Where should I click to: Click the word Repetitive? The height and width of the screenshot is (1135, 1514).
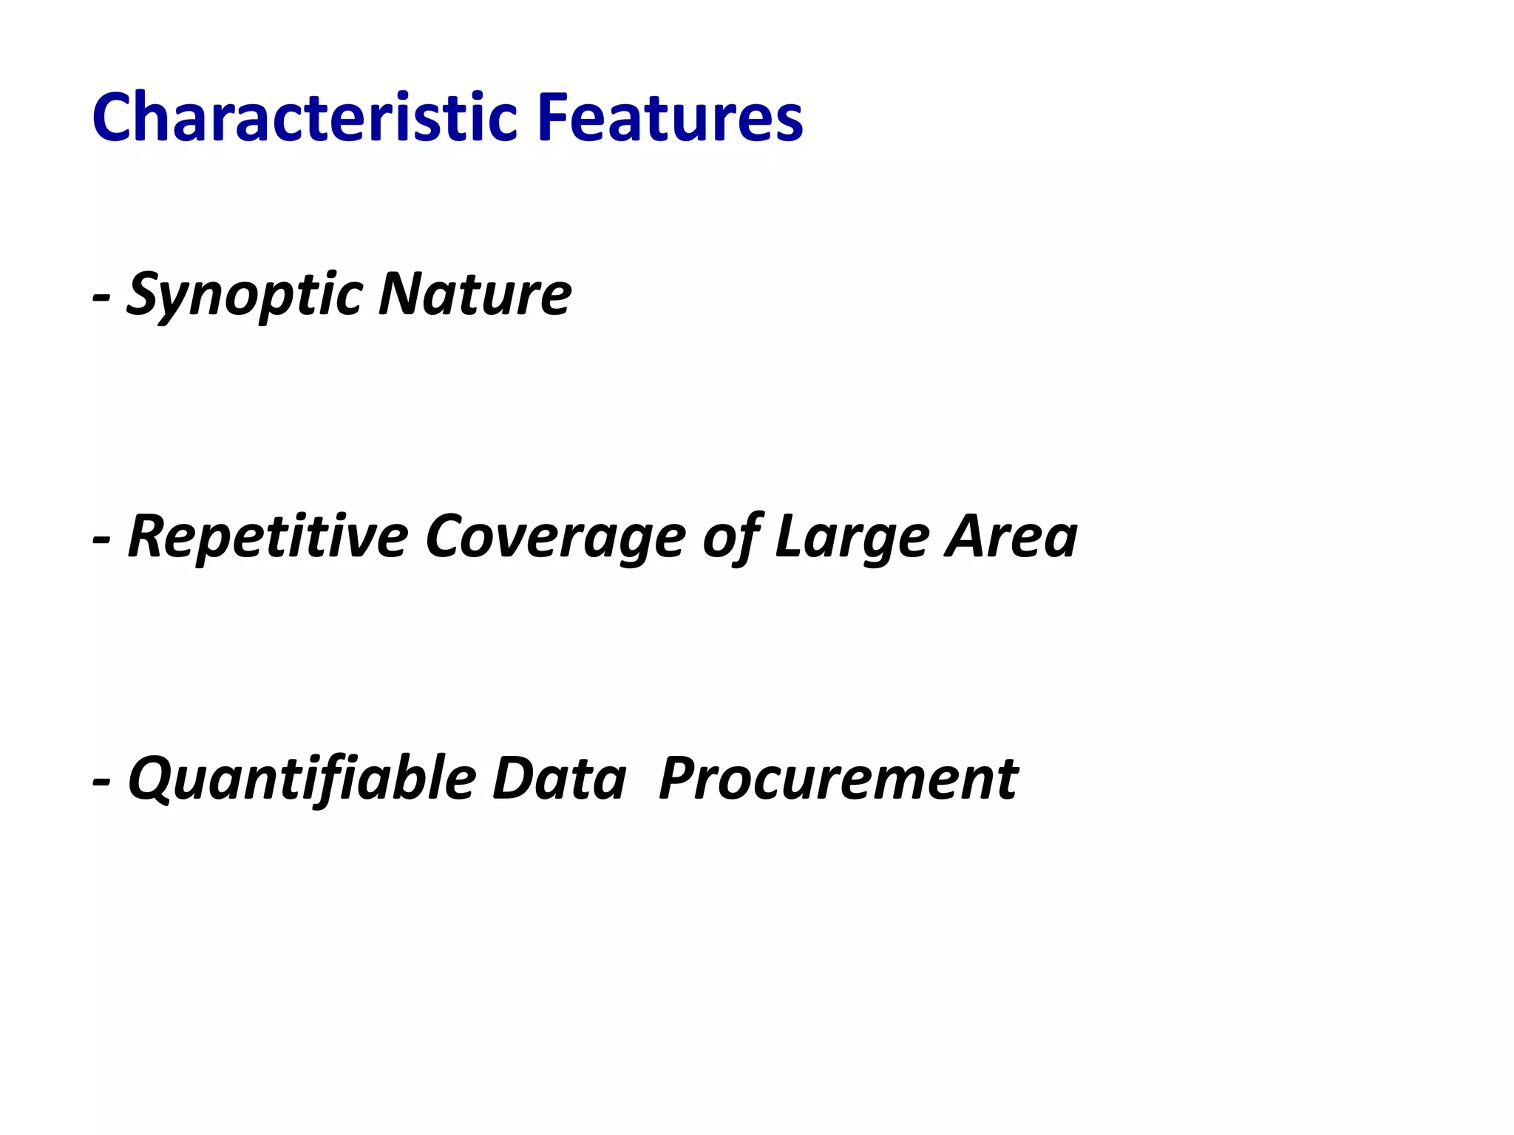(x=268, y=537)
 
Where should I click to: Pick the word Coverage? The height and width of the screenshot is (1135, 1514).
(x=555, y=537)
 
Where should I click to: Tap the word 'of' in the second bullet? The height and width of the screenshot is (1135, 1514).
(x=730, y=537)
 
